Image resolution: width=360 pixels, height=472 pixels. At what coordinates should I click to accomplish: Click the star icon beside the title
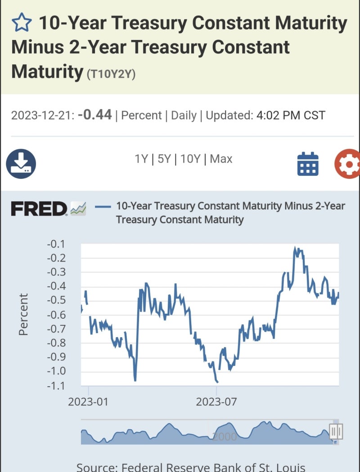22,22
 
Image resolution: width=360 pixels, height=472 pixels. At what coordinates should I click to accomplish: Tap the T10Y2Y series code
111,74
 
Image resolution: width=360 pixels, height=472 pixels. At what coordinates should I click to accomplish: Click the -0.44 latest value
94,115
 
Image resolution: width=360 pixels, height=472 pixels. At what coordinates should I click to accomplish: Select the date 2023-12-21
41,116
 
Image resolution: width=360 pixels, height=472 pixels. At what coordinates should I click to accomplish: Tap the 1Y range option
141,159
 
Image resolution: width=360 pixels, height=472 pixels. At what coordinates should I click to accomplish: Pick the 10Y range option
189,159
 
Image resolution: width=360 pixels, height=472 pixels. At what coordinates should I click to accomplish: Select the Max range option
221,159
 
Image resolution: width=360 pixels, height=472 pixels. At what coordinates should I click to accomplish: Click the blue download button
21,164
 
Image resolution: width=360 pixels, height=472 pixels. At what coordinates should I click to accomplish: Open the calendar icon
308,164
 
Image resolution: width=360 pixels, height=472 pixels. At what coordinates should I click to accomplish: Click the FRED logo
39,209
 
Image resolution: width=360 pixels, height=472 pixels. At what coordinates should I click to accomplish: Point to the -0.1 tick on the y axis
56,244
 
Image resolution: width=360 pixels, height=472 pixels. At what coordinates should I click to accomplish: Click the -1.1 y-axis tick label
56,385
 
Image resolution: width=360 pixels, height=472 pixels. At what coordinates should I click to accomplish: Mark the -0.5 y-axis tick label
56,300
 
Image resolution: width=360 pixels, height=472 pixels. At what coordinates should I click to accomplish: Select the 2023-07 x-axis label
216,401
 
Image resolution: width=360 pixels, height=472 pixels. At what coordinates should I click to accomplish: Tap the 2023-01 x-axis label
88,401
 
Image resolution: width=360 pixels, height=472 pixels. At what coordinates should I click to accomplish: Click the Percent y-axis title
23,314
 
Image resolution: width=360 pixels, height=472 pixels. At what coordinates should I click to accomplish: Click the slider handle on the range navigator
336,432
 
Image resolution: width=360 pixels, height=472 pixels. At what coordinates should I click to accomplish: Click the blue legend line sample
103,207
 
